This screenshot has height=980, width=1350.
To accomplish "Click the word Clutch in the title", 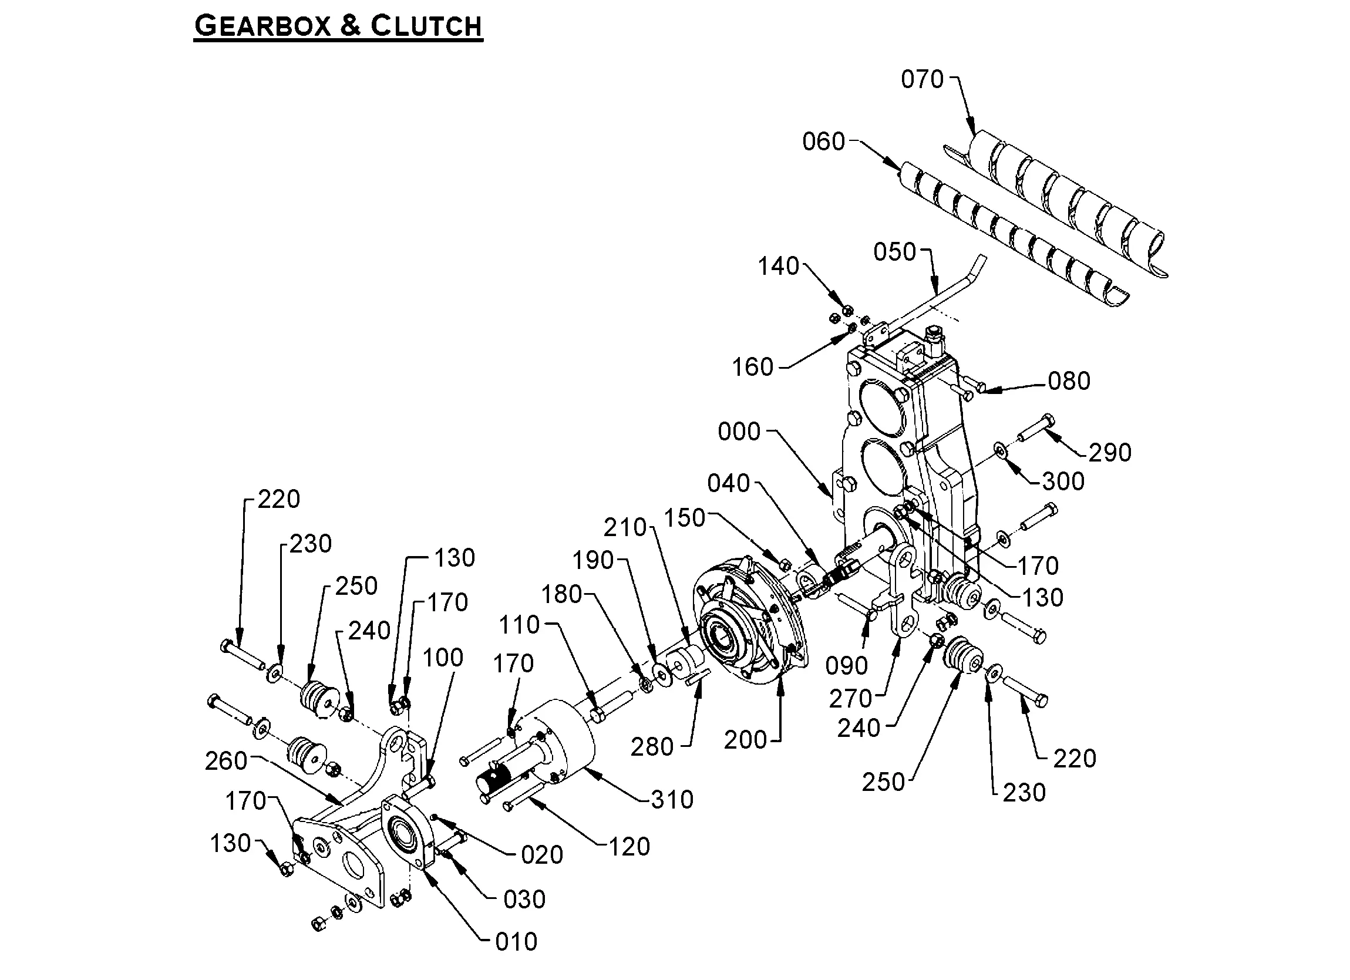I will click(x=426, y=27).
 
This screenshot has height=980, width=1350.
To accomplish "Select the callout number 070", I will click(x=922, y=79).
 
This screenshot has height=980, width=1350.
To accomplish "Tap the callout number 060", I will click(x=823, y=142).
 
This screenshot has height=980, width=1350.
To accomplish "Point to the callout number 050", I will click(x=894, y=252).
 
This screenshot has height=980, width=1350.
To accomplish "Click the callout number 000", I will click(x=739, y=432).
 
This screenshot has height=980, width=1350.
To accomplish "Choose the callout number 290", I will click(x=1109, y=453).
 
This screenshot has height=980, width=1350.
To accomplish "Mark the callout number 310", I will click(x=672, y=800).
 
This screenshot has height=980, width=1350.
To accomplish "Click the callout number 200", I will click(x=745, y=740).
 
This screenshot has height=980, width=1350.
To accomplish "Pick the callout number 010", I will click(x=516, y=942).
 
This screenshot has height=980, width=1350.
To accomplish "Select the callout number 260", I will click(x=225, y=762).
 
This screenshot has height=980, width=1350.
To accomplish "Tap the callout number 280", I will click(x=652, y=747).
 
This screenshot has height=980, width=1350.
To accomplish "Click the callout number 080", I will click(x=1069, y=381).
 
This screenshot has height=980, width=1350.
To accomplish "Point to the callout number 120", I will click(x=629, y=847).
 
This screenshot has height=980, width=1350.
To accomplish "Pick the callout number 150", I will click(x=684, y=518).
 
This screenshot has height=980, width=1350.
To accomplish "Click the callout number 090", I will click(x=846, y=666).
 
